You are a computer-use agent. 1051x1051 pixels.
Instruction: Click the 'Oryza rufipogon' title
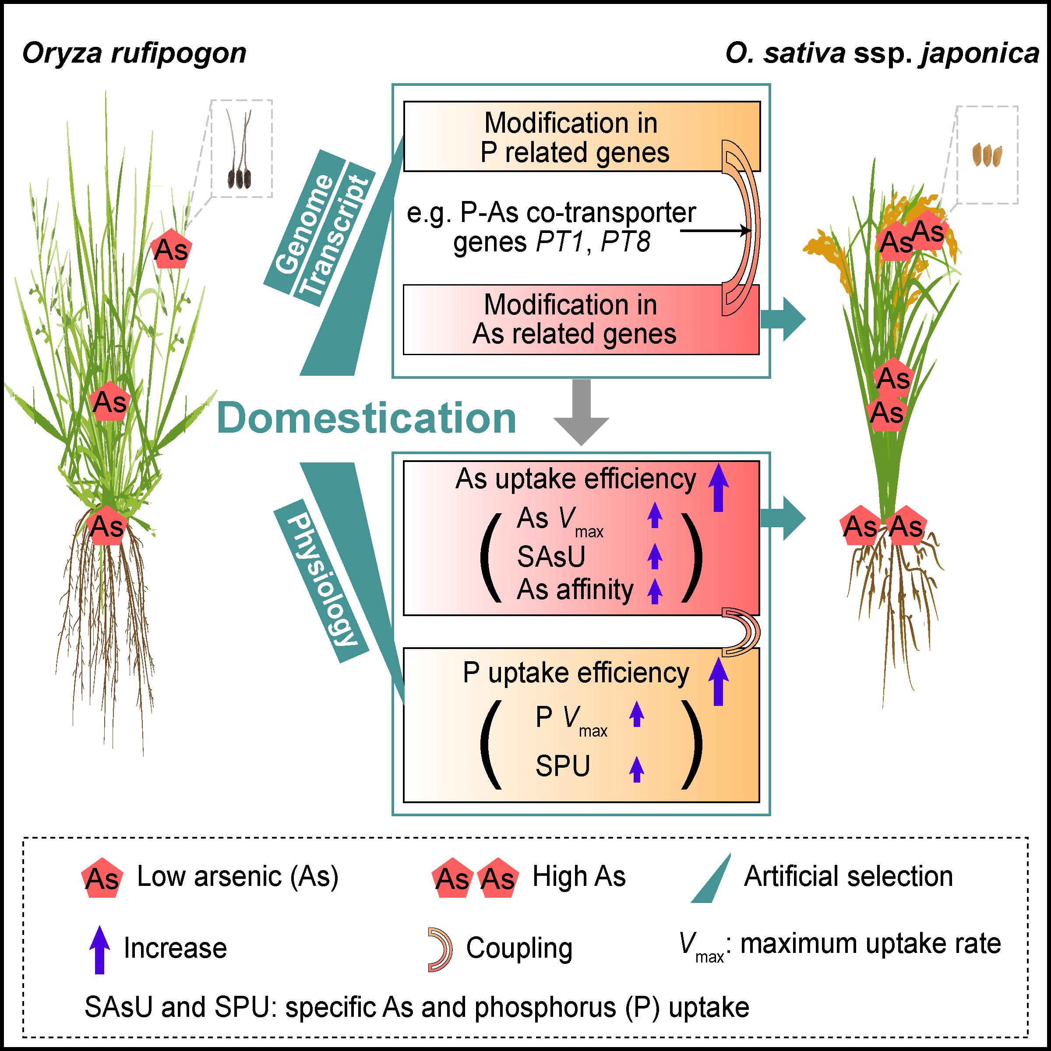[x=134, y=54]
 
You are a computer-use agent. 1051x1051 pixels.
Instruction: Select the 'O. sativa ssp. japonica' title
[x=882, y=54]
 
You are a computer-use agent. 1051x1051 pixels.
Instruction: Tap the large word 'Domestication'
[x=366, y=419]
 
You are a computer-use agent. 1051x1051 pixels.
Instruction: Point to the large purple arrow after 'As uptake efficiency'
[x=718, y=487]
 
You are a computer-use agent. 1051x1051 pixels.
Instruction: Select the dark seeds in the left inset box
[x=240, y=176]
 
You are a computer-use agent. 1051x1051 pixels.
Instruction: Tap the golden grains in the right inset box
[x=987, y=155]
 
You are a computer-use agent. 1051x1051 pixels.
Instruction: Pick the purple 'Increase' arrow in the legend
[x=99, y=949]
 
